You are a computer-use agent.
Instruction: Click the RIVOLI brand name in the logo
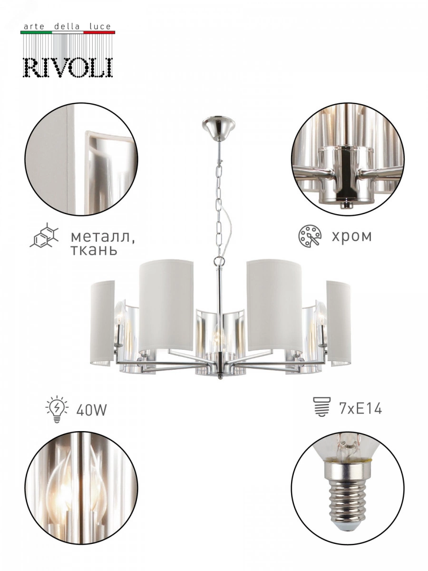pos(68,68)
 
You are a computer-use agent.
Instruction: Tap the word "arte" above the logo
pos(34,27)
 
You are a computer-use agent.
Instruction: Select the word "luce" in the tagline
pos(100,27)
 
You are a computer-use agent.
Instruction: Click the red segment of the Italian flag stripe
pos(99,32)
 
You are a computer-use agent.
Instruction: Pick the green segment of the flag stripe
pos(36,32)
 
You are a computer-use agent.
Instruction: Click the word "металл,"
pos(103,237)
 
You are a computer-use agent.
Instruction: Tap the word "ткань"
pos(94,250)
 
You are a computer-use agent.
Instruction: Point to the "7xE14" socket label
pos(360,408)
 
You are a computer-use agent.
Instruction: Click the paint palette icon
pos(310,236)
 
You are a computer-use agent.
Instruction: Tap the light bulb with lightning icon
pos(57,409)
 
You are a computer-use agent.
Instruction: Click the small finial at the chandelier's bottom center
pos(220,377)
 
